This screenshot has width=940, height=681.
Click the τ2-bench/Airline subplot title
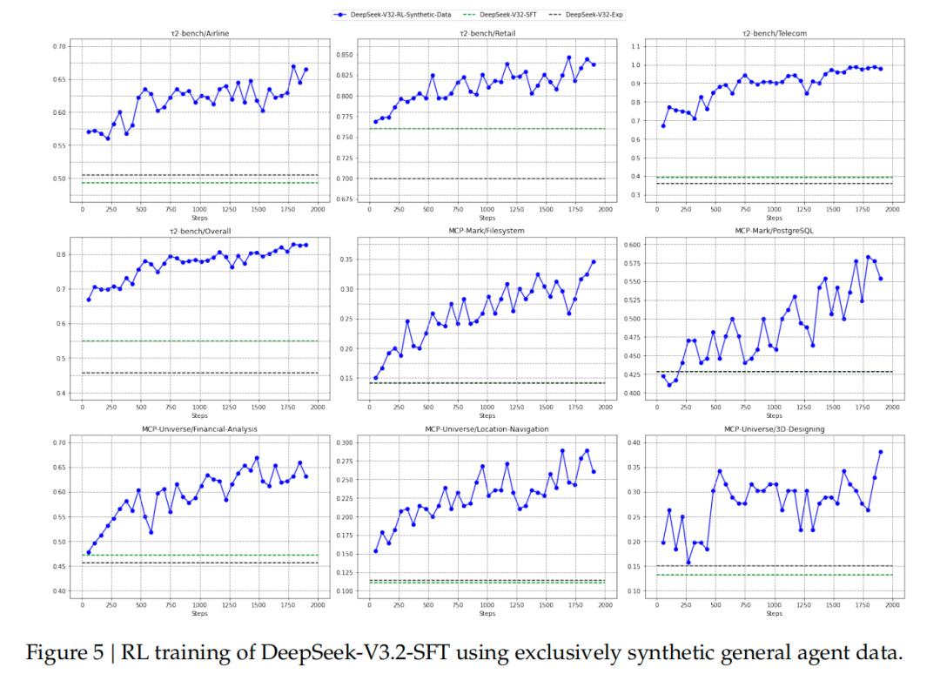click(x=199, y=33)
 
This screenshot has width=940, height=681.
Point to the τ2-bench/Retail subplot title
click(x=487, y=33)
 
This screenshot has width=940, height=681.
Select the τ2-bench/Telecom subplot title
click(x=774, y=33)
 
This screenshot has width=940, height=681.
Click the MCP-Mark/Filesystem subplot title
click(x=487, y=231)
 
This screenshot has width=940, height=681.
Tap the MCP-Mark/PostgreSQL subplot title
click(x=774, y=231)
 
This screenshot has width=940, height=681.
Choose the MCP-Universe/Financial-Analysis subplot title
click(x=199, y=428)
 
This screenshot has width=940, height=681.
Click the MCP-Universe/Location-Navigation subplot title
click(x=487, y=428)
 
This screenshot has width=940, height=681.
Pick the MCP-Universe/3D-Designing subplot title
click(x=774, y=428)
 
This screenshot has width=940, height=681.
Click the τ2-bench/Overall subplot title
click(x=199, y=231)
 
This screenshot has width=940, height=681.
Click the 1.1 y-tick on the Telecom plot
click(x=636, y=46)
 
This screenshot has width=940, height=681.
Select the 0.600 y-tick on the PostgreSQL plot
click(x=630, y=245)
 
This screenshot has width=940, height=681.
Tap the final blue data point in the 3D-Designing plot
click(x=881, y=452)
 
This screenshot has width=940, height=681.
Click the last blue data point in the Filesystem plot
click(x=594, y=261)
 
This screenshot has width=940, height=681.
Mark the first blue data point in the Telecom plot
click(x=663, y=125)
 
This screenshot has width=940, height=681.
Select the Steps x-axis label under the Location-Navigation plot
click(x=487, y=613)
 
